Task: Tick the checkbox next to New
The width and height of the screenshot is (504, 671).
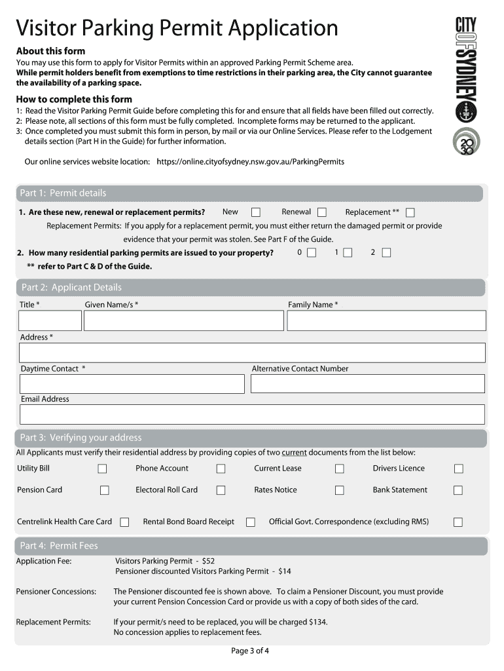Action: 256,212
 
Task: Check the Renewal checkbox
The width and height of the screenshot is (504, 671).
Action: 322,212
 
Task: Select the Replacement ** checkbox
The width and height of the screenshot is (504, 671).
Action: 410,212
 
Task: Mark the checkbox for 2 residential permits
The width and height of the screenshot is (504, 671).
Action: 386,253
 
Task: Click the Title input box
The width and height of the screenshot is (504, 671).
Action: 50,320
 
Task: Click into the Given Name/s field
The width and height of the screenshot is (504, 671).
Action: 183,320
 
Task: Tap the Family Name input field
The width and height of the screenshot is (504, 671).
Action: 386,320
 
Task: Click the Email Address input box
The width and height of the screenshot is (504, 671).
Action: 252,414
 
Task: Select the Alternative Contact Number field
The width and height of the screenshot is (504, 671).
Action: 367,383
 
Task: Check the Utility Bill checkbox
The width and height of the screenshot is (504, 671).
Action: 103,469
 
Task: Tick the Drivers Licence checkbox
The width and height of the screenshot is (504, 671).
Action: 458,469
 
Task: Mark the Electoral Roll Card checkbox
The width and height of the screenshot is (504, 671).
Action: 221,490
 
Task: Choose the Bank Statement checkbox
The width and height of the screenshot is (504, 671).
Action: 458,490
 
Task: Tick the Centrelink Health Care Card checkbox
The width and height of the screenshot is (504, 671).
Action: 124,522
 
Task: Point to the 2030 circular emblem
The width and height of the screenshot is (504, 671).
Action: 466,142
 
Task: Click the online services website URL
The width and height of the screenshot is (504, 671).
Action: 250,161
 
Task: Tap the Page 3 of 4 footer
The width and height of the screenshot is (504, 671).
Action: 250,651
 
